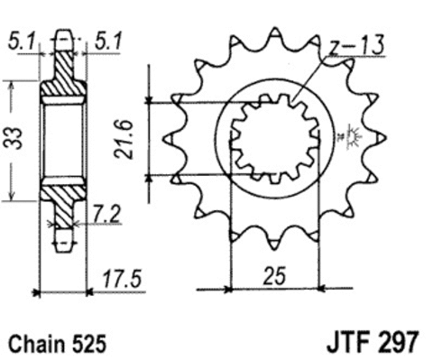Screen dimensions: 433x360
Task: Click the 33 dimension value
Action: pos(14,139)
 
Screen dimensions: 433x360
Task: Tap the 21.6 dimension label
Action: pos(124,139)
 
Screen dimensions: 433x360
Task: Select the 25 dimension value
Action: pos(274,276)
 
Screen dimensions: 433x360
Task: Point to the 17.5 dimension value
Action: pos(122,279)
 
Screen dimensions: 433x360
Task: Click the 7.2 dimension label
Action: pos(106,214)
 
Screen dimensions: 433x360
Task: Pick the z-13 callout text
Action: pos(356,46)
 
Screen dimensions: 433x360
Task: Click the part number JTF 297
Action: pos(373,342)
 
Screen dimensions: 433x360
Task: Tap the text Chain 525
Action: pos(58,343)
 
